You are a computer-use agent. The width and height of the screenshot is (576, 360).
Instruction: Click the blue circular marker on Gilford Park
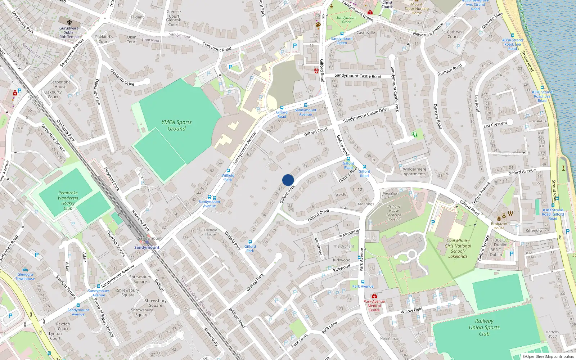pyautogui.click(x=288, y=180)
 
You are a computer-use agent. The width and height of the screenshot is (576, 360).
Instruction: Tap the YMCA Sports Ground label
pyautogui.click(x=176, y=125)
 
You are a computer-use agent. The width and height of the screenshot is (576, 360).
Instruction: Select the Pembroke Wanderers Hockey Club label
pyautogui.click(x=68, y=201)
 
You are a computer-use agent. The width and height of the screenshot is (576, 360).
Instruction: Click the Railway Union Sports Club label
pyautogui.click(x=484, y=327)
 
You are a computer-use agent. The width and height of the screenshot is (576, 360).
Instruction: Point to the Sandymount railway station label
pyautogui.click(x=147, y=247)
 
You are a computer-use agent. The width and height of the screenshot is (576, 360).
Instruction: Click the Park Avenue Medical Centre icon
pyautogui.click(x=374, y=296)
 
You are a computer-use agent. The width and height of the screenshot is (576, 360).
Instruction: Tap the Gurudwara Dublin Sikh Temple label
pyautogui.click(x=69, y=32)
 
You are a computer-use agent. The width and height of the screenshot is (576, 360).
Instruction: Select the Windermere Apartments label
pyautogui.click(x=414, y=171)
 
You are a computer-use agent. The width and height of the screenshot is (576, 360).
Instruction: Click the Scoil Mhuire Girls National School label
pyautogui.click(x=458, y=248)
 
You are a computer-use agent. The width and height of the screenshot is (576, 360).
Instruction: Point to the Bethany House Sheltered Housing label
pyautogui.click(x=393, y=213)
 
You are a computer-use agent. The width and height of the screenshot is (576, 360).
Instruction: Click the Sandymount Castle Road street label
pyautogui.click(x=357, y=76)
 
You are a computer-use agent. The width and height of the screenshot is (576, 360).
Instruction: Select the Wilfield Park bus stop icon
pyautogui.click(x=228, y=171)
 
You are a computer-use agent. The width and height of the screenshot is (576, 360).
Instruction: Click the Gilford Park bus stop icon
pyautogui.click(x=250, y=242)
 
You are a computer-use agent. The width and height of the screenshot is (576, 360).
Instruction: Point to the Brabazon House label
pyautogui.click(x=499, y=226)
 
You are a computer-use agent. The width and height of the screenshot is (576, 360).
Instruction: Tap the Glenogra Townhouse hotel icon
pyautogui.click(x=25, y=270)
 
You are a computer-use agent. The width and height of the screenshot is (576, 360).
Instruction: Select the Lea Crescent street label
pyautogui.click(x=495, y=125)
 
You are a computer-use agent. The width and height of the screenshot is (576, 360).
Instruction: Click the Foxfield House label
pyautogui.click(x=211, y=232)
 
